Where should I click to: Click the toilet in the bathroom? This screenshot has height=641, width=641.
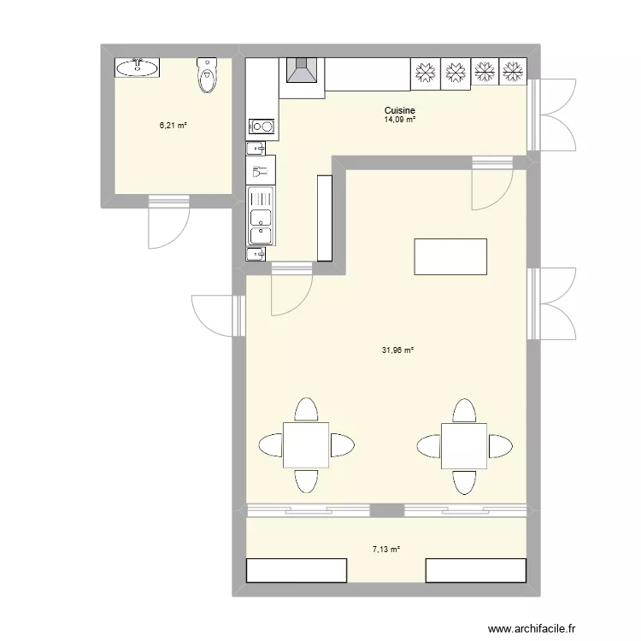(208, 75)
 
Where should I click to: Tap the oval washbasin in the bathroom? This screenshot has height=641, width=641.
(137, 68)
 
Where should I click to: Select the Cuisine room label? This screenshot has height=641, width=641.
(400, 110)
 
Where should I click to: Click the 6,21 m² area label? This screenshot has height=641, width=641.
(173, 126)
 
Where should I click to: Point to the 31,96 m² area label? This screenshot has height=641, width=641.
(397, 350)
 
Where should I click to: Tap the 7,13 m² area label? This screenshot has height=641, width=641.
(386, 550)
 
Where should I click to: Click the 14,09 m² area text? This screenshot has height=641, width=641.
(400, 120)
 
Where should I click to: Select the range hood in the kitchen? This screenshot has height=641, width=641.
(302, 70)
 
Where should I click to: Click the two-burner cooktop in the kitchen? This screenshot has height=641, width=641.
(262, 126)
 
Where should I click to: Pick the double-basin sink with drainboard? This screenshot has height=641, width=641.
(261, 216)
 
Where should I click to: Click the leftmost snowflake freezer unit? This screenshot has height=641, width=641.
(425, 74)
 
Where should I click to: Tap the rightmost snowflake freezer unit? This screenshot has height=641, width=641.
(513, 72)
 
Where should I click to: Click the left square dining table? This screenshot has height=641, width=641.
(306, 445)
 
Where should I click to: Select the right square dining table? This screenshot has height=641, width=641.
(464, 446)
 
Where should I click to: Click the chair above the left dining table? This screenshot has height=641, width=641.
(306, 409)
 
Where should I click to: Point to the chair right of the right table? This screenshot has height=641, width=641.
(501, 446)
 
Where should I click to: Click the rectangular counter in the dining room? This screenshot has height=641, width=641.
(450, 256)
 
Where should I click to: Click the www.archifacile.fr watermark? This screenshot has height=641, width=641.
(532, 628)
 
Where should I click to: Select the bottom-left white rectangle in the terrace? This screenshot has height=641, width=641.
(297, 570)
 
